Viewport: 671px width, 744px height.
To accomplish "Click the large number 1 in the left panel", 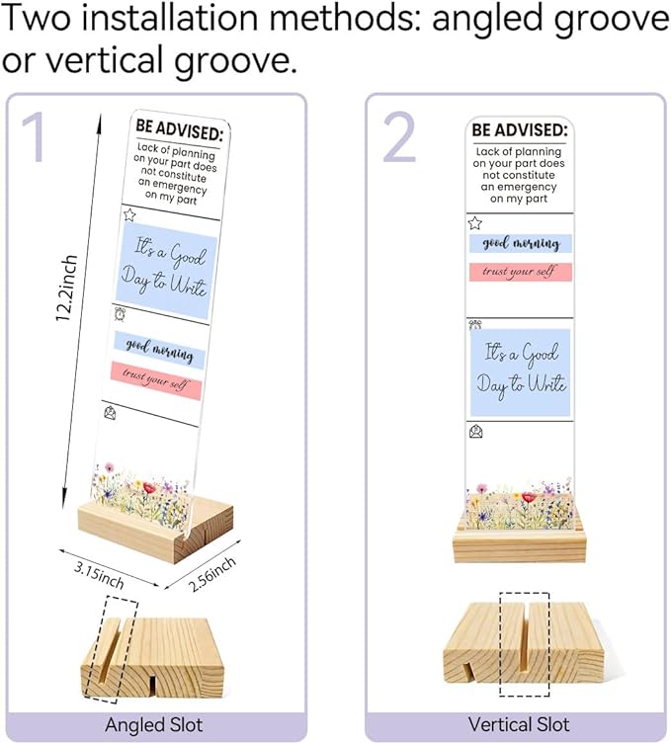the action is [35, 136].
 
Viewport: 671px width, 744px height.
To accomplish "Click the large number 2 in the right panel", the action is [399, 136].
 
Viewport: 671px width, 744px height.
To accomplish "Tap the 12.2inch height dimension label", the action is [66, 288].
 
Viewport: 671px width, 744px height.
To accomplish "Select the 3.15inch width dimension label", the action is [100, 575].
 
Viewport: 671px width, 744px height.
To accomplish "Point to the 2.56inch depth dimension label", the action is [212, 575].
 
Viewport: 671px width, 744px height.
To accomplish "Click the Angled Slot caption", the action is [154, 725].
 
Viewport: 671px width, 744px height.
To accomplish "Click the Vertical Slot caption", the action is [519, 724].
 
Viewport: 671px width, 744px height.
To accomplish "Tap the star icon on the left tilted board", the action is [129, 215].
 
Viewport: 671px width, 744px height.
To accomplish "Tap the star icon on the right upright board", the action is [474, 222].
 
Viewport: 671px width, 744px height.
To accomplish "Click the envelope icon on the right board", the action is [475, 432].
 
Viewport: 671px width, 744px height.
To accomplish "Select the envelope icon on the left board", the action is [110, 413].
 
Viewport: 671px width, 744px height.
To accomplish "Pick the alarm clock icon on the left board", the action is [121, 314].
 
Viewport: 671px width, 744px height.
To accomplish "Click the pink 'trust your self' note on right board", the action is [520, 273].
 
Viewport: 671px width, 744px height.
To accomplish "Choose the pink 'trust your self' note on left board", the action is [156, 380].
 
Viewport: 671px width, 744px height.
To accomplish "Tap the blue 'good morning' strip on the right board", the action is [520, 243].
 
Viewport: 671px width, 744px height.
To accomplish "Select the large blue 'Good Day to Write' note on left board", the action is [165, 271].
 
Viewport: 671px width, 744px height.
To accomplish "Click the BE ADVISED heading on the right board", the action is [520, 129].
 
